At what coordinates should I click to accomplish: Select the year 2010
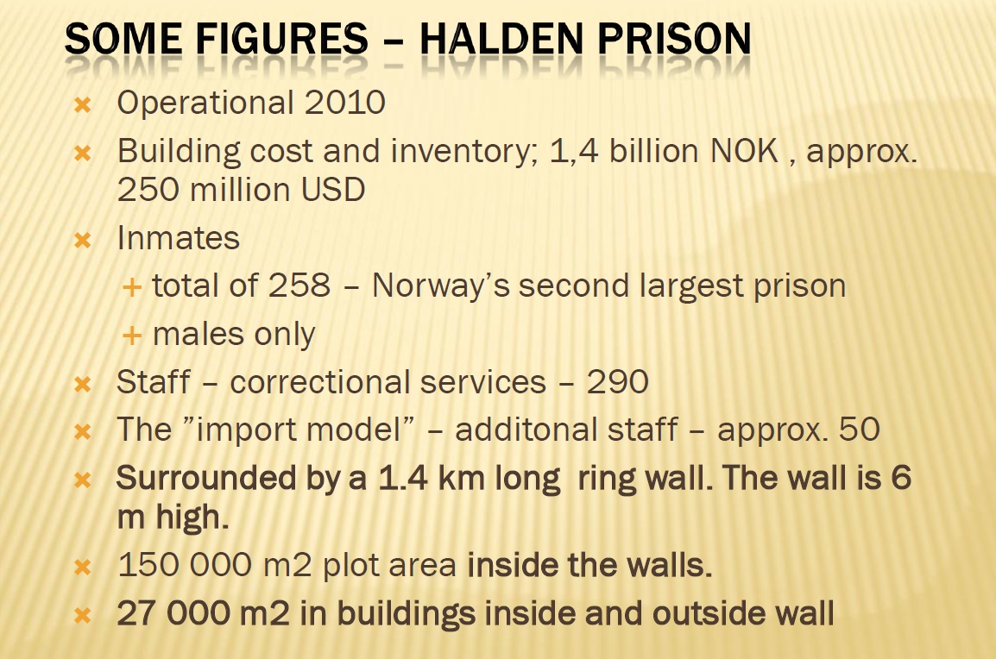(345, 103)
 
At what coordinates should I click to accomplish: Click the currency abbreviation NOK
(744, 151)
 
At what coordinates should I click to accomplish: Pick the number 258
(299, 286)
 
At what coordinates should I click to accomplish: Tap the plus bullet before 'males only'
(131, 336)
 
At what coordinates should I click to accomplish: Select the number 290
(617, 382)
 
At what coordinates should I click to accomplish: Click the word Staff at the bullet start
(153, 382)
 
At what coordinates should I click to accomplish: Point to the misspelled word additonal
(566, 430)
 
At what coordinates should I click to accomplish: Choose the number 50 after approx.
(860, 430)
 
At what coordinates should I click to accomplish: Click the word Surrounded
(206, 478)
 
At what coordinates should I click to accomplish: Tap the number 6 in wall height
(901, 478)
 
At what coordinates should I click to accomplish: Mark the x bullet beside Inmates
(83, 240)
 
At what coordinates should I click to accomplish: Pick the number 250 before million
(148, 189)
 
